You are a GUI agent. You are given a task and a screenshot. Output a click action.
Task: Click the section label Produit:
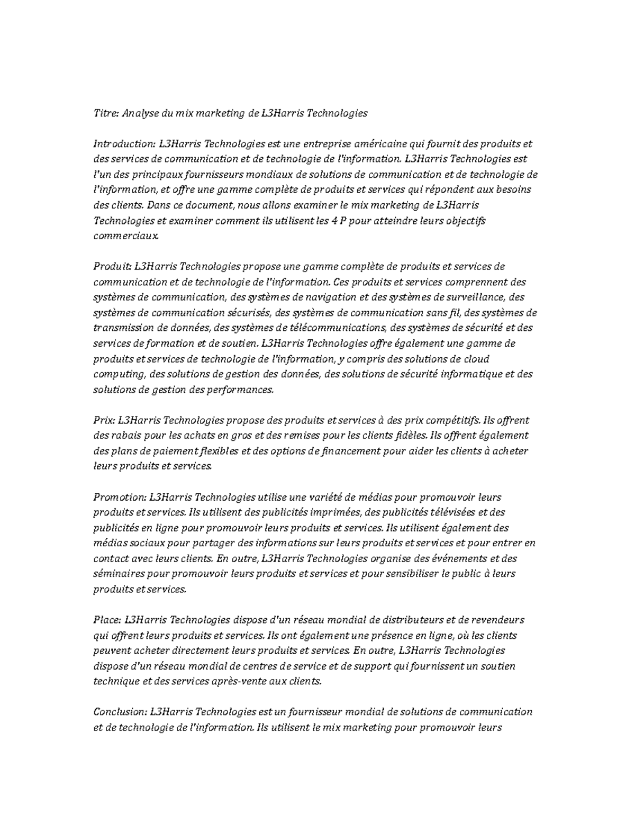pyautogui.click(x=112, y=266)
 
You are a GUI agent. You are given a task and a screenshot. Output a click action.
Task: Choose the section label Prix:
pyautogui.click(x=104, y=421)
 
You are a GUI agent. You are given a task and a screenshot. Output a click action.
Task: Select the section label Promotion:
pyautogui.click(x=120, y=498)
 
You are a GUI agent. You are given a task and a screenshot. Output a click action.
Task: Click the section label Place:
pyautogui.click(x=107, y=620)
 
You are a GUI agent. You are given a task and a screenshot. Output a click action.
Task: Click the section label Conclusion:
pyautogui.click(x=120, y=712)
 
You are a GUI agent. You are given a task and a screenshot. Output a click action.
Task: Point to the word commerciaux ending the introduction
pyautogui.click(x=125, y=236)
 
